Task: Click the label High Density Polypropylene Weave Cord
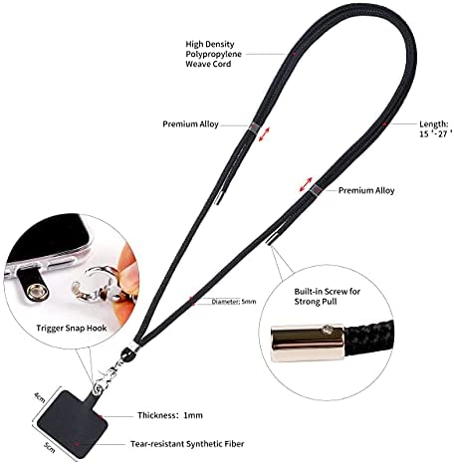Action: [213, 54]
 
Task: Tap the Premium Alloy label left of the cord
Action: [190, 124]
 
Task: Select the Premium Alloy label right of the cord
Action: [366, 190]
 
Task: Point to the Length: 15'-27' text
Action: [436, 128]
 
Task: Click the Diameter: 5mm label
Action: [234, 302]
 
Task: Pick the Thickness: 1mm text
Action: [170, 415]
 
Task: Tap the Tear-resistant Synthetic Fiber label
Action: [187, 444]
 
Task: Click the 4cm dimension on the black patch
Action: [40, 396]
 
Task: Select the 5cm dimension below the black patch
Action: [49, 448]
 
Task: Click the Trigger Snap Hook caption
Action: [72, 329]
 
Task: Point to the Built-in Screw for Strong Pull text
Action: [327, 297]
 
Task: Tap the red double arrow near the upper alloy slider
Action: [265, 134]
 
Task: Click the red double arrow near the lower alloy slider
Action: [306, 184]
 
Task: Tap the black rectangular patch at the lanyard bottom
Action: [73, 425]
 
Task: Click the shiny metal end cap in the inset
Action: [308, 344]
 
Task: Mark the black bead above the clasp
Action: [127, 354]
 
